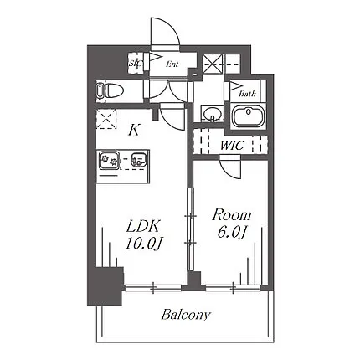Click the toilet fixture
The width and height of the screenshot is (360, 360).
pyautogui.click(x=110, y=91)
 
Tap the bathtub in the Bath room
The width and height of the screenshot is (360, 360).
pyautogui.click(x=249, y=116)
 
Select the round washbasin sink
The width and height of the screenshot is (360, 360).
pyautogui.click(x=212, y=114)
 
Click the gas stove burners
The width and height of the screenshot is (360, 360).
pyautogui.click(x=110, y=160)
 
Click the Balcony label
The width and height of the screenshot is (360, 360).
pyautogui.click(x=185, y=315)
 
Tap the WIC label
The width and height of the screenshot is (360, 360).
pyautogui.click(x=232, y=146)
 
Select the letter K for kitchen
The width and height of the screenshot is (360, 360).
pyautogui.click(x=134, y=130)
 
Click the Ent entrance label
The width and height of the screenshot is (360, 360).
pyautogui.click(x=172, y=64)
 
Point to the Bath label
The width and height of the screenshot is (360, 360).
pyautogui.click(x=247, y=93)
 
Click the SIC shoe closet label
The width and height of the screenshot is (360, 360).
pyautogui.click(x=136, y=64)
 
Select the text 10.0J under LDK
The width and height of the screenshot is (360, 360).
pyautogui.click(x=143, y=244)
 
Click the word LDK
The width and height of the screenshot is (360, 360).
pyautogui.click(x=143, y=227)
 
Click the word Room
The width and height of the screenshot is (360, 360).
pyautogui.click(x=232, y=215)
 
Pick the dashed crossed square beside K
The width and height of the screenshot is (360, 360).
pyautogui.click(x=106, y=119)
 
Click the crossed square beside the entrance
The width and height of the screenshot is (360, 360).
pyautogui.click(x=213, y=64)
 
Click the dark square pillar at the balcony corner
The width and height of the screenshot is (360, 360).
pyautogui.click(x=105, y=286)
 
